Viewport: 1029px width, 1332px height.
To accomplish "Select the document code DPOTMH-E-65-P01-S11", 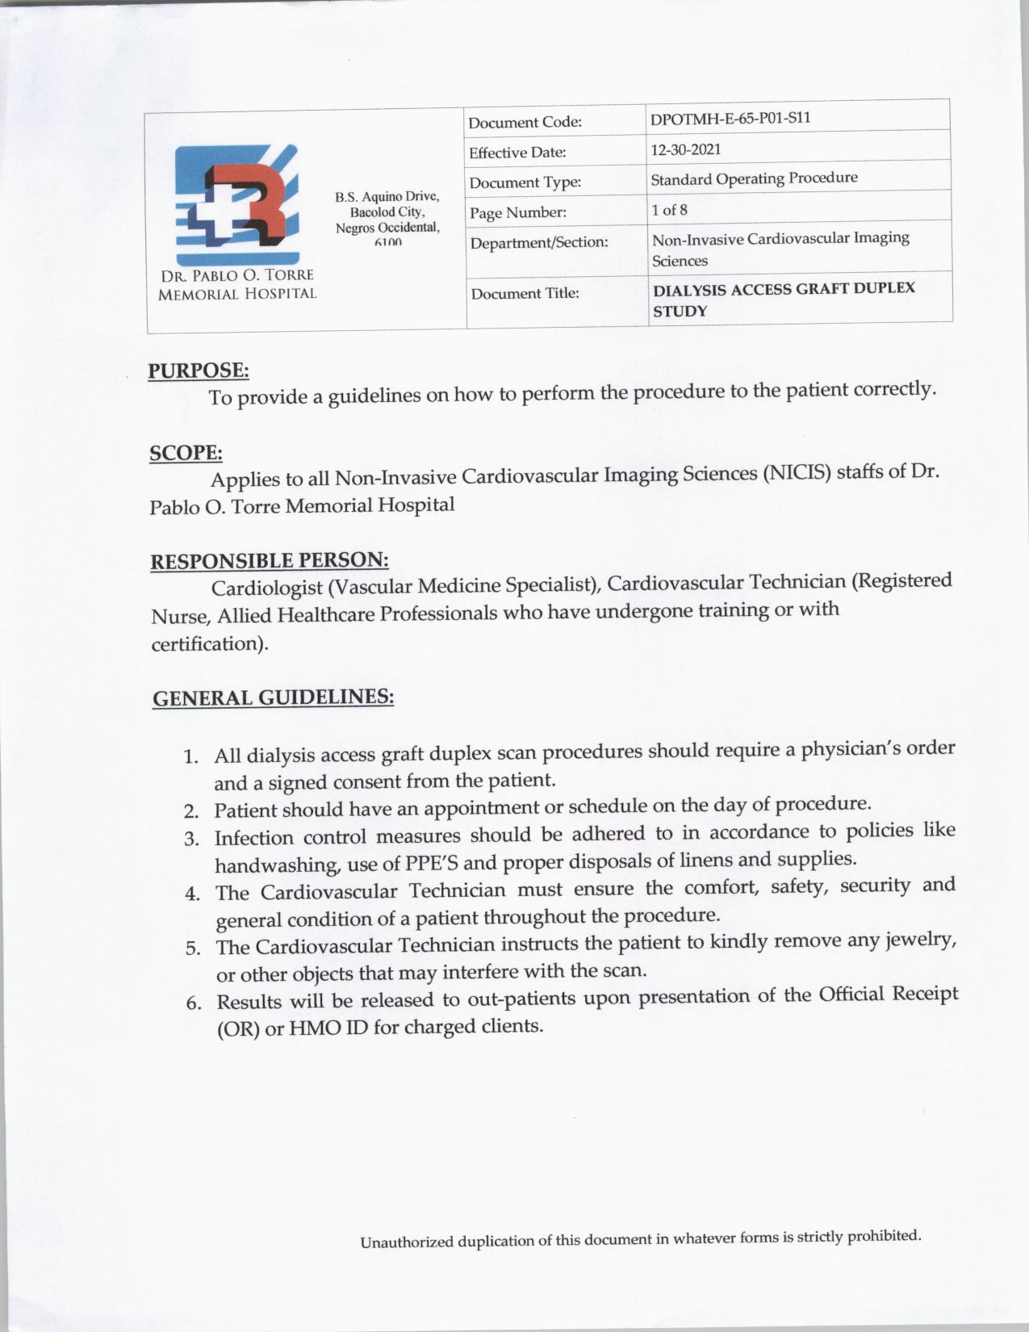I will point(730,118).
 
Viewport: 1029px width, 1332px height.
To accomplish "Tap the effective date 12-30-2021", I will point(686,149).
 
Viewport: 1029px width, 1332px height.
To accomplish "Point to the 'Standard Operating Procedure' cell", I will point(754,178).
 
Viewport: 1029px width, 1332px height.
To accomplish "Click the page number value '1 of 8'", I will point(669,210).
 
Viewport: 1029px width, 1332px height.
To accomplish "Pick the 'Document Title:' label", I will point(525,293).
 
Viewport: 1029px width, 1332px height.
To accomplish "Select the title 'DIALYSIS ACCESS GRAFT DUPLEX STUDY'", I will point(783,299).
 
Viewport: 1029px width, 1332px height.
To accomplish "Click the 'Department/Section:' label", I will point(538,242).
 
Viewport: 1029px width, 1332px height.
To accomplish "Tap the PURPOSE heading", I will point(199,371).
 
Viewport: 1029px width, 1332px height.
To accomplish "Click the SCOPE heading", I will point(186,453).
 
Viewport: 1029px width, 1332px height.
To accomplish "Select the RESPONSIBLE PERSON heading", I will point(270,560).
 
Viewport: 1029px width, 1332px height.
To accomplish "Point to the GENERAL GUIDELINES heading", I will point(273,697).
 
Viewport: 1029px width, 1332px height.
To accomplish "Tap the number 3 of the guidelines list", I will point(191,839).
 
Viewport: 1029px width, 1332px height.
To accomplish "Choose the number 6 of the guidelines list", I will point(193,1003).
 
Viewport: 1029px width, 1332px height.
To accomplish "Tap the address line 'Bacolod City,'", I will point(387,212).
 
